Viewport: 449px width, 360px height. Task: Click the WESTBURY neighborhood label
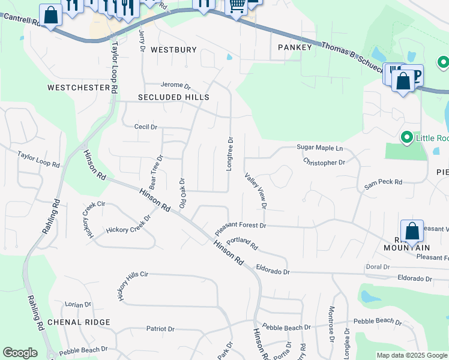173,50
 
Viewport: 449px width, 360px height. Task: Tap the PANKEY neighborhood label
295,47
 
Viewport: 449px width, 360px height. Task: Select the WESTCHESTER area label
78,88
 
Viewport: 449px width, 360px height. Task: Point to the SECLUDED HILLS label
173,97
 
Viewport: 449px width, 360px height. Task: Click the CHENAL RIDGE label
79,322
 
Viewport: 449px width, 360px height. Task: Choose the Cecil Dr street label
145,127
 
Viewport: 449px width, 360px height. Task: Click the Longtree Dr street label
229,154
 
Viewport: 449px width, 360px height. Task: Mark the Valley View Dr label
256,191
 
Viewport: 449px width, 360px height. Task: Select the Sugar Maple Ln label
320,148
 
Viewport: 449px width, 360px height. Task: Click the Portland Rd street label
243,242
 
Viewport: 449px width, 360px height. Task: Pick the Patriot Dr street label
160,329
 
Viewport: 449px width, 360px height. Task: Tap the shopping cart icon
237,6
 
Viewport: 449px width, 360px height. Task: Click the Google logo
20,353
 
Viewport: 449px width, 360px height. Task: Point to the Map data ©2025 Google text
412,355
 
